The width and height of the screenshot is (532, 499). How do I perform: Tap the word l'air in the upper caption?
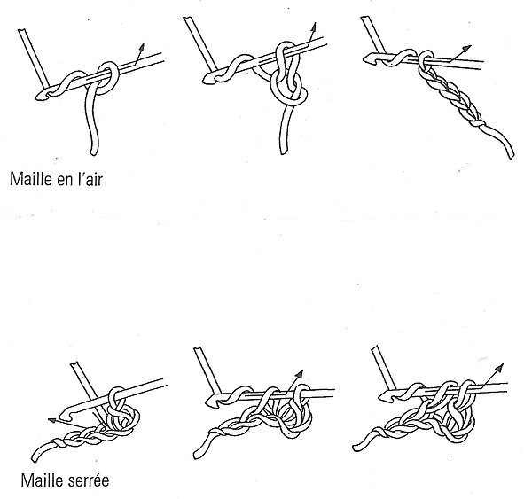click(98, 176)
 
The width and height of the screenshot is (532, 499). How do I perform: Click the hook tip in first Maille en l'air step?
click(41, 92)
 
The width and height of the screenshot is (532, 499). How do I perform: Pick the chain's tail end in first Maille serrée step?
click(35, 458)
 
